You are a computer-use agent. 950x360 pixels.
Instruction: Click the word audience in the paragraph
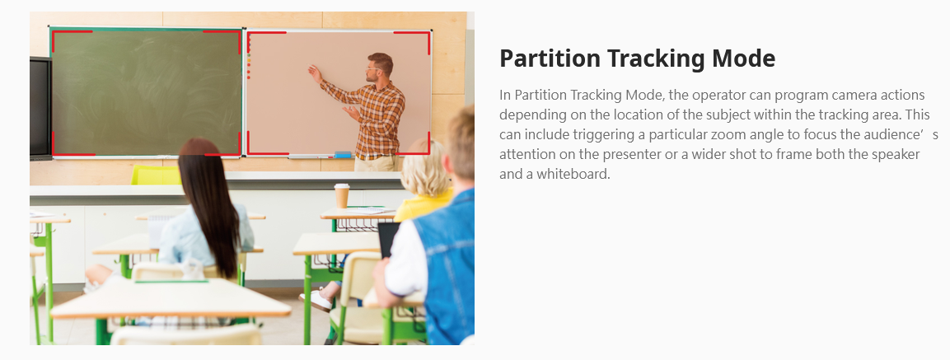pos(898,134)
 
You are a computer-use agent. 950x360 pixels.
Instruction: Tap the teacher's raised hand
pos(315,74)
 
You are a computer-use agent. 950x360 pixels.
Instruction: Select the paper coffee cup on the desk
pos(342,196)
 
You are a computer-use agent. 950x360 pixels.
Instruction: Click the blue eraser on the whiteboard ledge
pos(343,155)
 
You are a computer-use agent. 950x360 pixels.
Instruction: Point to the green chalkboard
pos(146,92)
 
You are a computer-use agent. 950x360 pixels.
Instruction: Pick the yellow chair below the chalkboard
pos(156,175)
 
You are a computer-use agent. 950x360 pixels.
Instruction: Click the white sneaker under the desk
pos(316,301)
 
